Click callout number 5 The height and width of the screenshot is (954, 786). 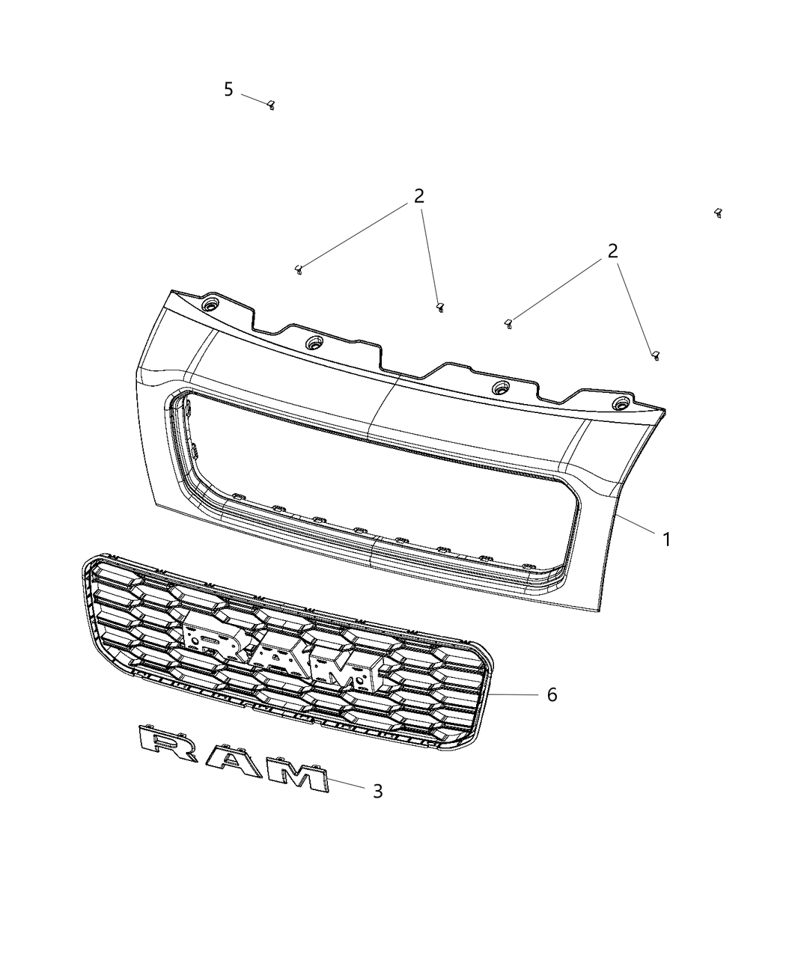pyautogui.click(x=228, y=90)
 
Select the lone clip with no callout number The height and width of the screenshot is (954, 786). pyautogui.click(x=718, y=213)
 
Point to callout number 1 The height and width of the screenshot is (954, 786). pyautogui.click(x=665, y=539)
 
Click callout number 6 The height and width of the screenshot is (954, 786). pyautogui.click(x=552, y=695)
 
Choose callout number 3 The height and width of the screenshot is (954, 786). pyautogui.click(x=377, y=791)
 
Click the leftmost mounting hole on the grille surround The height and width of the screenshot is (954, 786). pyautogui.click(x=210, y=306)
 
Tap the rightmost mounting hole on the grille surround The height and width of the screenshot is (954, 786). pyautogui.click(x=620, y=404)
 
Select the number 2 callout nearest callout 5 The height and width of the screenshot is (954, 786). pyautogui.click(x=418, y=197)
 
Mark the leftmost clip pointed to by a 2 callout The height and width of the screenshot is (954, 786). pyautogui.click(x=298, y=269)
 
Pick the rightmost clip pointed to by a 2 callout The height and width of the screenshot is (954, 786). pyautogui.click(x=655, y=355)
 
